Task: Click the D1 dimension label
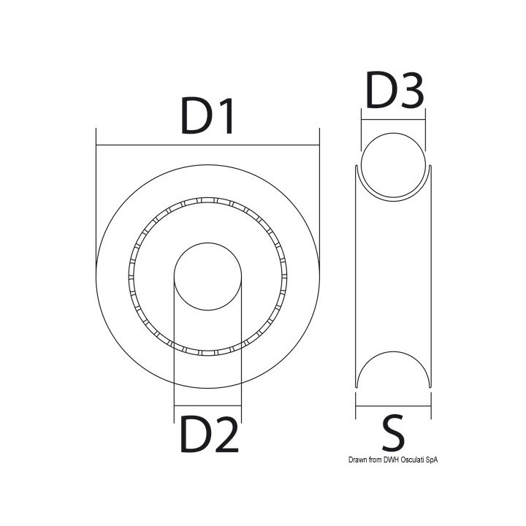207,116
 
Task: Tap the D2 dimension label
210,434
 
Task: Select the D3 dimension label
394,91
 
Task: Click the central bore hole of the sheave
208,276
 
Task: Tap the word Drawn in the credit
357,460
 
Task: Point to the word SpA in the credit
432,460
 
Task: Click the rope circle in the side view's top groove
393,133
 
